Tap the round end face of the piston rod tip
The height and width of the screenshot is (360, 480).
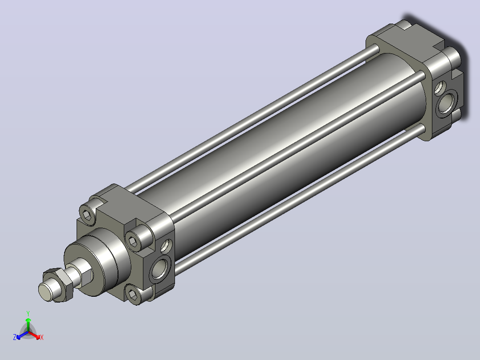[45, 291]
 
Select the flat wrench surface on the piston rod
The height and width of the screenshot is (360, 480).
[87, 276]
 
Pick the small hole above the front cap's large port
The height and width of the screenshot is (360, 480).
[166, 246]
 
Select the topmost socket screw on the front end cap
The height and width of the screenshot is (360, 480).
[88, 213]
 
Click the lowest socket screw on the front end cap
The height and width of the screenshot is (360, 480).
[134, 295]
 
